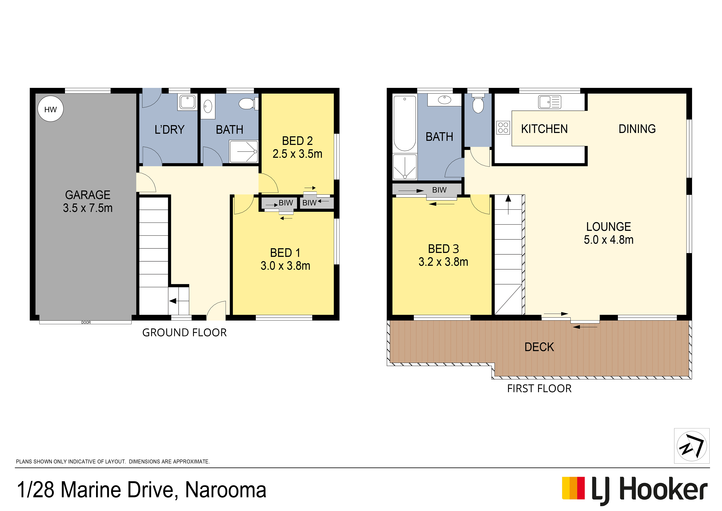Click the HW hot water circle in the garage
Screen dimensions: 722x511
tap(50, 109)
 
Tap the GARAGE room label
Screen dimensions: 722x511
tap(88, 195)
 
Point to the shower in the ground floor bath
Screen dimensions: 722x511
tap(244, 152)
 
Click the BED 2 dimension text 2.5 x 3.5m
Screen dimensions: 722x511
tap(298, 154)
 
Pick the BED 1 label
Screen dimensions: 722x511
tap(285, 253)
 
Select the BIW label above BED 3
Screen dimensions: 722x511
tap(439, 190)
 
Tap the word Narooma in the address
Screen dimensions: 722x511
tap(226, 490)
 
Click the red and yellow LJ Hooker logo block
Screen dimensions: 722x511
tap(573, 488)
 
